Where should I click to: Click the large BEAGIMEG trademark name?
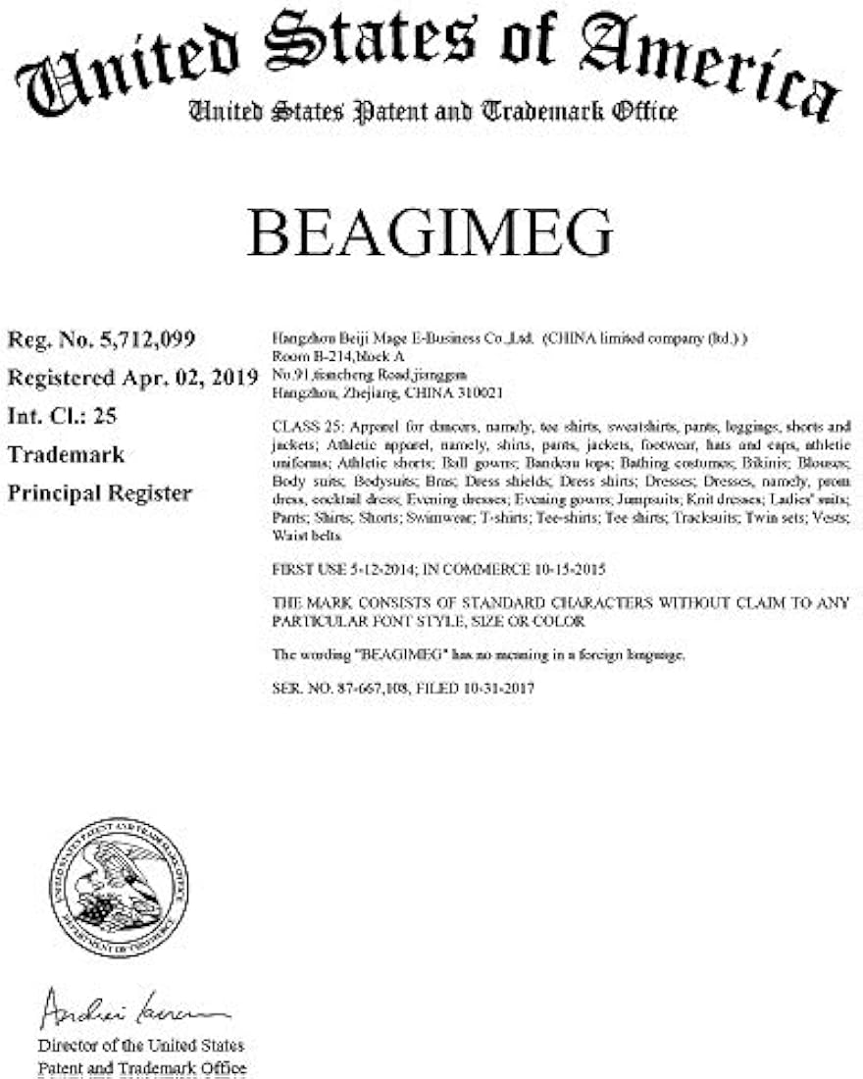pos(431,233)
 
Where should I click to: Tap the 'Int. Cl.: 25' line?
pos(63,415)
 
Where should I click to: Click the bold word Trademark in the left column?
pos(67,454)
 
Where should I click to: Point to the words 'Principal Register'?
pos(100,492)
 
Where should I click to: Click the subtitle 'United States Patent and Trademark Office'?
pos(432,111)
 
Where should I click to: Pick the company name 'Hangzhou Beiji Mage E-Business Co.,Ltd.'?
pos(402,338)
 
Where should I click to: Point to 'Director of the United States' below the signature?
pos(141,1046)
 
